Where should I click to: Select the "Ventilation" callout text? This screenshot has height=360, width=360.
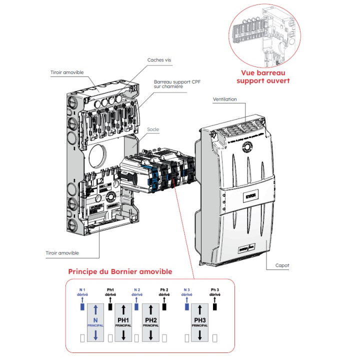click(225, 99)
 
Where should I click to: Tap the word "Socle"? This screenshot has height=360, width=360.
click(153, 128)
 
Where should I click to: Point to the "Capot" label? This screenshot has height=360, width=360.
click(282, 265)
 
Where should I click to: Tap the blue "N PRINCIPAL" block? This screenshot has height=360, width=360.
click(95, 322)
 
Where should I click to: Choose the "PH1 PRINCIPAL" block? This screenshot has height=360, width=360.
click(123, 322)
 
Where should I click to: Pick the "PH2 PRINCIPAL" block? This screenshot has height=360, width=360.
click(150, 322)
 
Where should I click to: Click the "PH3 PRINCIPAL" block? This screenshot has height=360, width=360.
click(199, 322)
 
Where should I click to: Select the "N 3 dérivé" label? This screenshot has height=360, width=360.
click(186, 292)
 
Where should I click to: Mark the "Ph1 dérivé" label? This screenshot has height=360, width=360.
click(110, 292)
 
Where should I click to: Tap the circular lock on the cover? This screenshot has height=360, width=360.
click(246, 147)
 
